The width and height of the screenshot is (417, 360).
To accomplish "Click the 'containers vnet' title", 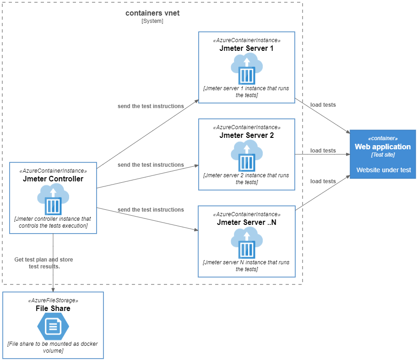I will point(152,13).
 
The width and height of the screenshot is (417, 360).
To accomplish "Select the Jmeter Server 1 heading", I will point(246,49).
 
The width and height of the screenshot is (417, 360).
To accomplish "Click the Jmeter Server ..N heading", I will point(246,223).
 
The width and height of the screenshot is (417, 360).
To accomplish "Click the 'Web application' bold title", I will point(383,147).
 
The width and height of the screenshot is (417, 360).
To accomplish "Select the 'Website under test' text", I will point(384,170).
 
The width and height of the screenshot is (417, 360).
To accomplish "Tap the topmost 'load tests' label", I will point(323,105).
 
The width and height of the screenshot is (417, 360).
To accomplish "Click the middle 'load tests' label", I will point(323,151).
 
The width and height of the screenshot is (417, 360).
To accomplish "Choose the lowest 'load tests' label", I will point(323,181).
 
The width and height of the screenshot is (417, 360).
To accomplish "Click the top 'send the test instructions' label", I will point(151,106).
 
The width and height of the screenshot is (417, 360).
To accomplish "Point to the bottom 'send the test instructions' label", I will point(151,210).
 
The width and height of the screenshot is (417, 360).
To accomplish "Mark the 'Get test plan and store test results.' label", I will point(44,263).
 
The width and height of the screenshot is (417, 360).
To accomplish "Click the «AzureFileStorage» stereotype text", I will point(53,300).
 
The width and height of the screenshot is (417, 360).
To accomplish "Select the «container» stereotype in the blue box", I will point(383,138).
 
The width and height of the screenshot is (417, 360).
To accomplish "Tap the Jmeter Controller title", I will point(53,179).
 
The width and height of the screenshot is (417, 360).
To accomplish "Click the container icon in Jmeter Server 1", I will point(247,69).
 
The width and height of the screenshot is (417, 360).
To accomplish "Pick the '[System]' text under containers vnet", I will point(152,21).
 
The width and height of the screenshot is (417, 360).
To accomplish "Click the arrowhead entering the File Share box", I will point(53,289).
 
